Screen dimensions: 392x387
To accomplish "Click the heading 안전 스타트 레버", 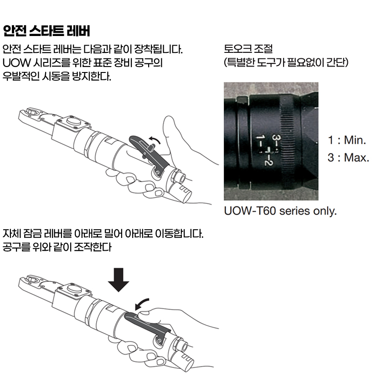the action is (x=46, y=31).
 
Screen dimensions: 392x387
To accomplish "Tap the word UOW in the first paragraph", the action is (x=16, y=63).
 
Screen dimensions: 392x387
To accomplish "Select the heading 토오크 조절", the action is (x=248, y=48).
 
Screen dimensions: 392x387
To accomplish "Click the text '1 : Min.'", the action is (x=347, y=140).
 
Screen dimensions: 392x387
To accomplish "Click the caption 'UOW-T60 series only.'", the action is (x=280, y=211).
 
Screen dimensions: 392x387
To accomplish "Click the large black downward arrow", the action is (x=119, y=280).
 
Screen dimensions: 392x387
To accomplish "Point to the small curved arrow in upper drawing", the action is (x=155, y=140).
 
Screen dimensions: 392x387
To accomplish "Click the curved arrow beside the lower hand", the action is (x=141, y=304).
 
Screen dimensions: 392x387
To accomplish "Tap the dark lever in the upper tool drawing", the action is (x=149, y=153).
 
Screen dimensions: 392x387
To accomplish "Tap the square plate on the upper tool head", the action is (x=73, y=123).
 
